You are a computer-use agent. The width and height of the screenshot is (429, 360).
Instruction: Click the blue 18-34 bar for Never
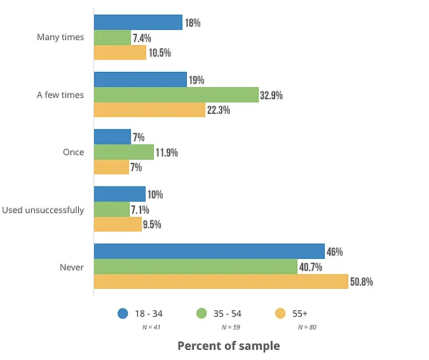[x=209, y=251]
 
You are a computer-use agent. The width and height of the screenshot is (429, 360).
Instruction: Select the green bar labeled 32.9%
[x=176, y=95]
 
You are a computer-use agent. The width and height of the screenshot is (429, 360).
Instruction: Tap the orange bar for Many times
[x=120, y=52]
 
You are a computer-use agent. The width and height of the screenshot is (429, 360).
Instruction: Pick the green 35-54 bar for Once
[x=124, y=152]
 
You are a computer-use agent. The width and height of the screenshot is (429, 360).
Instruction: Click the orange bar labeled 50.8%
[x=221, y=281]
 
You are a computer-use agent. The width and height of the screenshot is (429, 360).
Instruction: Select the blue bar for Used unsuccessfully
[x=119, y=194]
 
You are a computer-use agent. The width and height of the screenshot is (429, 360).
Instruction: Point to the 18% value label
[x=193, y=23]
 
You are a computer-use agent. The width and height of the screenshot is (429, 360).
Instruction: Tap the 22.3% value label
[x=218, y=110]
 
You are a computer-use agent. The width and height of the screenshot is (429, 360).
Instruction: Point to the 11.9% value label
[x=167, y=153]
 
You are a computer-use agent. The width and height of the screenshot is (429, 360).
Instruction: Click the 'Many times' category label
[x=60, y=38]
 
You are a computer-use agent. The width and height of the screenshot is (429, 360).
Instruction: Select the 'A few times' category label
[x=60, y=95]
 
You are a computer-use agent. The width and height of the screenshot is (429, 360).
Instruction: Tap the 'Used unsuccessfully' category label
[x=43, y=210]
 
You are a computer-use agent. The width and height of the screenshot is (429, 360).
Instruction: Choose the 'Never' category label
[x=72, y=267]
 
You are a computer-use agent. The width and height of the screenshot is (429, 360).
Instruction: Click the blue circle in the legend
[x=123, y=313]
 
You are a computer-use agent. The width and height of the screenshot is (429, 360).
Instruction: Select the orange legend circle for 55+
[x=280, y=313]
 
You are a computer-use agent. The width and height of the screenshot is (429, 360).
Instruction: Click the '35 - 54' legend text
[x=228, y=314]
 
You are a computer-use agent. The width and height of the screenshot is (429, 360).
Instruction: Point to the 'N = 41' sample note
[x=151, y=328]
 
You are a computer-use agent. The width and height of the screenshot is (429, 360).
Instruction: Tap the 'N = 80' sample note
[x=307, y=328]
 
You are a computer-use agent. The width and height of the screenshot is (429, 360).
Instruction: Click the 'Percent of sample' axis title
[x=228, y=346]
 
